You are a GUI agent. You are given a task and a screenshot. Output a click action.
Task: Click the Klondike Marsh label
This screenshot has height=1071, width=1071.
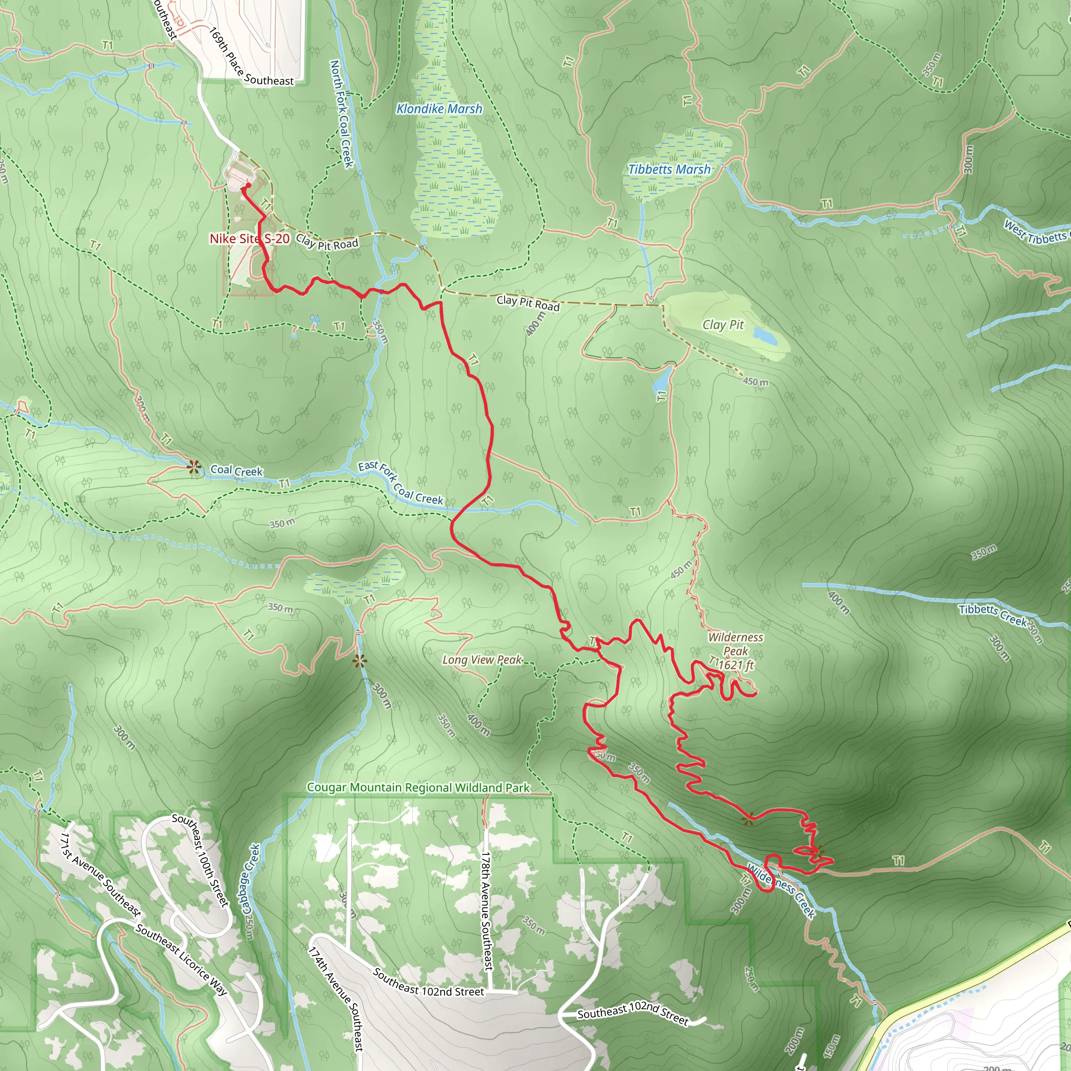coord(439,109)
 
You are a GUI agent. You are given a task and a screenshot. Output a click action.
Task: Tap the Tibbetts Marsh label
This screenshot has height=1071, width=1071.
coord(669,169)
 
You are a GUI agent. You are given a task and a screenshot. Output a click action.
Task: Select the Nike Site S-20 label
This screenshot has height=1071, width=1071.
coord(249,238)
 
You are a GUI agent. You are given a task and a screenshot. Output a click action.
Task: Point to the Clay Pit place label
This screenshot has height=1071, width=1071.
coord(723,325)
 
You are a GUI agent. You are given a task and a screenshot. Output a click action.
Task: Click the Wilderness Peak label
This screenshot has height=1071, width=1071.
coord(736,644)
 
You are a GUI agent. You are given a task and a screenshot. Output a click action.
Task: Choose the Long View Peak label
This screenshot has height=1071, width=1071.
coord(482,659)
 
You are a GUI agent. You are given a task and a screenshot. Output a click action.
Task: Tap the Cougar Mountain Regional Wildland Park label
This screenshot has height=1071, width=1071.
coord(418,788)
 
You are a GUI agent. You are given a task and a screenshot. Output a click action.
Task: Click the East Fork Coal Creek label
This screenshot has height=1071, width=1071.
coord(400,483)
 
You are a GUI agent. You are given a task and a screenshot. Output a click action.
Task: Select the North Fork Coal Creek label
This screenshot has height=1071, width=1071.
coord(341,113)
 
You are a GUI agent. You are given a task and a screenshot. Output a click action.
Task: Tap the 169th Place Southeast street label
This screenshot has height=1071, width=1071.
coord(251,57)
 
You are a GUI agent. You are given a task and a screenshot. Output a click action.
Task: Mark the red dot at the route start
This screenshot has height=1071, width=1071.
coord(248,186)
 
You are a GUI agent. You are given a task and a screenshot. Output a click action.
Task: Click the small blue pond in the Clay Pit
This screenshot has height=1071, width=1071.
coord(765,335)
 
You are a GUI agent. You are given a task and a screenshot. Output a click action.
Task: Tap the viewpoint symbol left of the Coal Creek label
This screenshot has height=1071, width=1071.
coord(193,468)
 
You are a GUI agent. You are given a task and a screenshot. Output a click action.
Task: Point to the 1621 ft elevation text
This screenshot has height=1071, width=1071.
coord(736,665)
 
